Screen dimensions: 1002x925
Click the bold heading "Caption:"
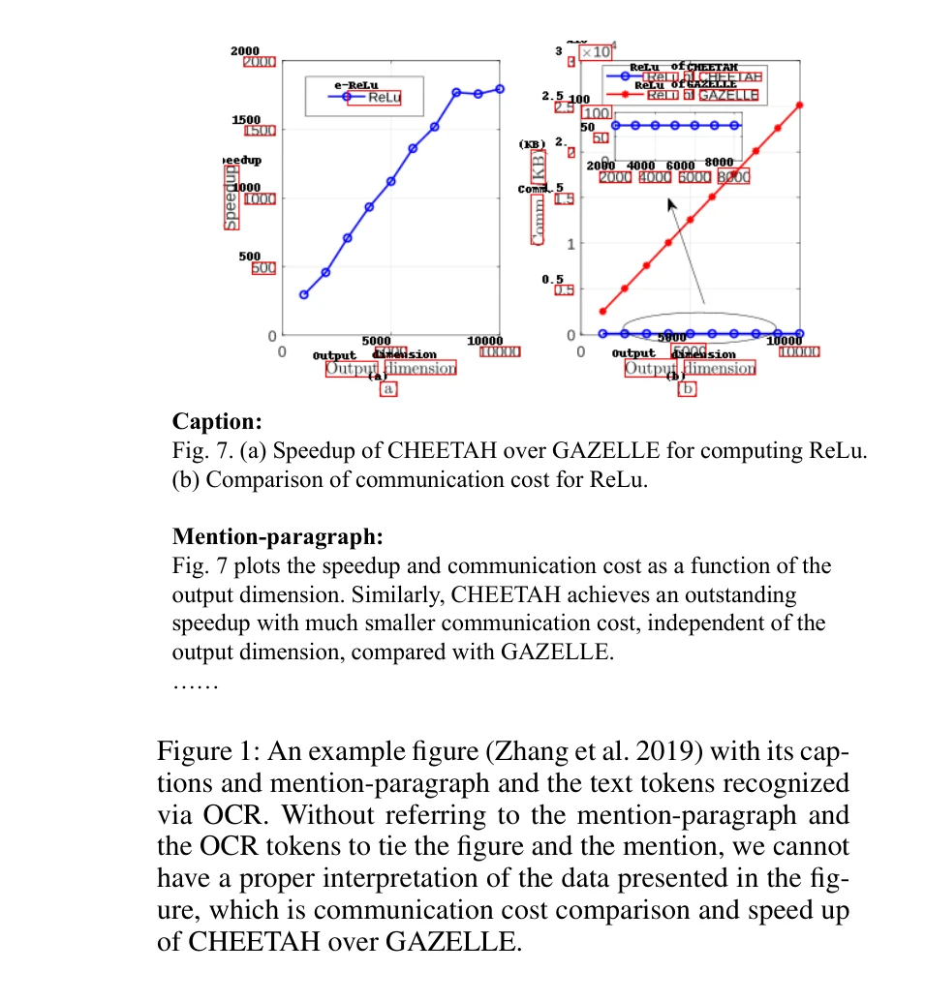(217, 422)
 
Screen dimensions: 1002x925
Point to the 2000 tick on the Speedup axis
(259, 62)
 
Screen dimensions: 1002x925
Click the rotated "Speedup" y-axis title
(231, 197)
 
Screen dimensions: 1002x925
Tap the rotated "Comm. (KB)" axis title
(538, 197)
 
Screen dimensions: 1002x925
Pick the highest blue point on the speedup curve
(500, 88)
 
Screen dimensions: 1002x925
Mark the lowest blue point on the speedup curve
(303, 294)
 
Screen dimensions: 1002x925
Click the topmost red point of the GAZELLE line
(800, 105)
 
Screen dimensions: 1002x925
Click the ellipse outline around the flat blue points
(699, 316)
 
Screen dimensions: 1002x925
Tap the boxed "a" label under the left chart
(388, 388)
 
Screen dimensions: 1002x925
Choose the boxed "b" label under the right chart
(688, 388)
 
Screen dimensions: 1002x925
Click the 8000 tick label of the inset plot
(733, 177)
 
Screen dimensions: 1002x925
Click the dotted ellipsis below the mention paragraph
(197, 683)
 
